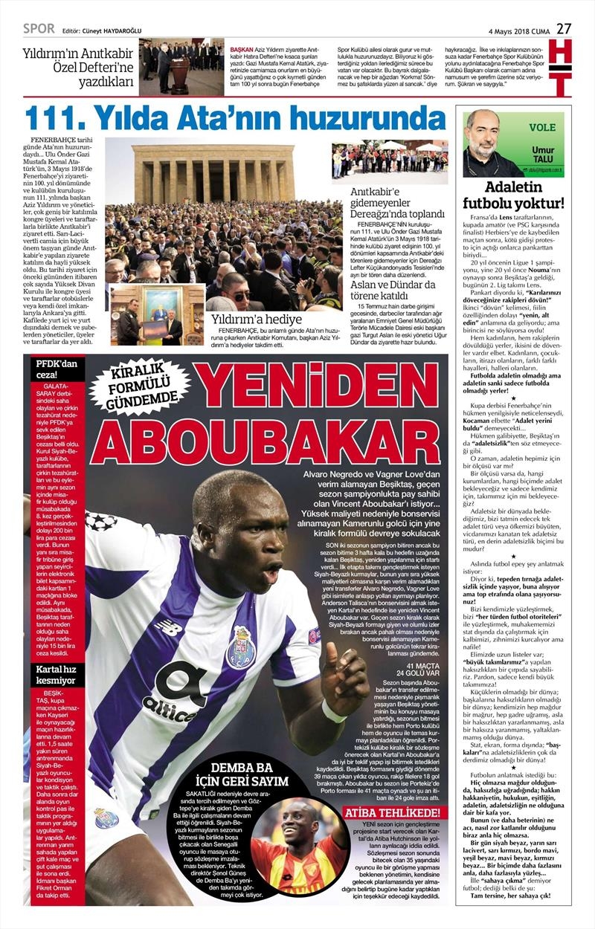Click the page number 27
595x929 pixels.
pyautogui.click(x=564, y=28)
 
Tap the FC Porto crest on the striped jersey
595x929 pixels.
pyautogui.click(x=241, y=647)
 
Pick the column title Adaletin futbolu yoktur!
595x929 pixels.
pyautogui.click(x=512, y=194)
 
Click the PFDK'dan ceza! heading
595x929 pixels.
pyautogui.click(x=53, y=369)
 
